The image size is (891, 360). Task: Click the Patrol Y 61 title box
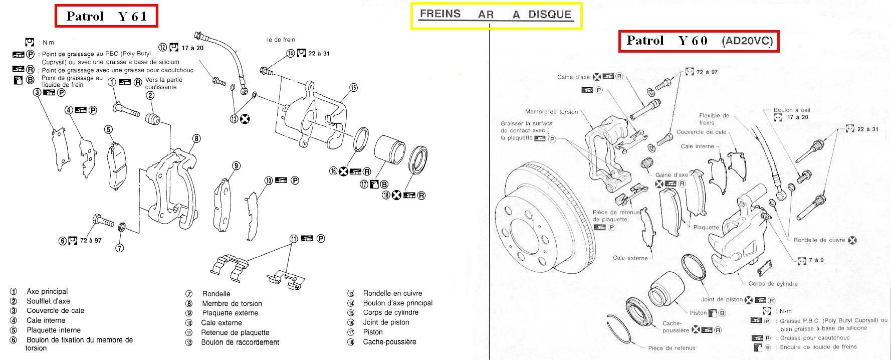point(106,16)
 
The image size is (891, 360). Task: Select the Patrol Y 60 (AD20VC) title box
point(699,41)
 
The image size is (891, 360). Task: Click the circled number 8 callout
point(196,138)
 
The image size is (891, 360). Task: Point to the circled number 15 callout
point(353,88)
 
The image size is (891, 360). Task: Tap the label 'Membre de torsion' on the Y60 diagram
point(551,112)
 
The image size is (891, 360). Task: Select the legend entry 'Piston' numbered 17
point(372,332)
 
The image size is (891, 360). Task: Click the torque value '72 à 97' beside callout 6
point(91,240)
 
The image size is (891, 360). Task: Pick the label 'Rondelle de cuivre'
point(819,240)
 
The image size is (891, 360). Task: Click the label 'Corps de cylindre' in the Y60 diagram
point(773,284)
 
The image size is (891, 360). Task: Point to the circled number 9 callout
point(236,166)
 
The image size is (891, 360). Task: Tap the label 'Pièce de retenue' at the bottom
point(672,348)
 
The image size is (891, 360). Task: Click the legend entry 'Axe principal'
point(47,291)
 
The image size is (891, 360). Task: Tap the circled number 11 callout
point(294,239)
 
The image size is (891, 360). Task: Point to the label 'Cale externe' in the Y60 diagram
point(630,258)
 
